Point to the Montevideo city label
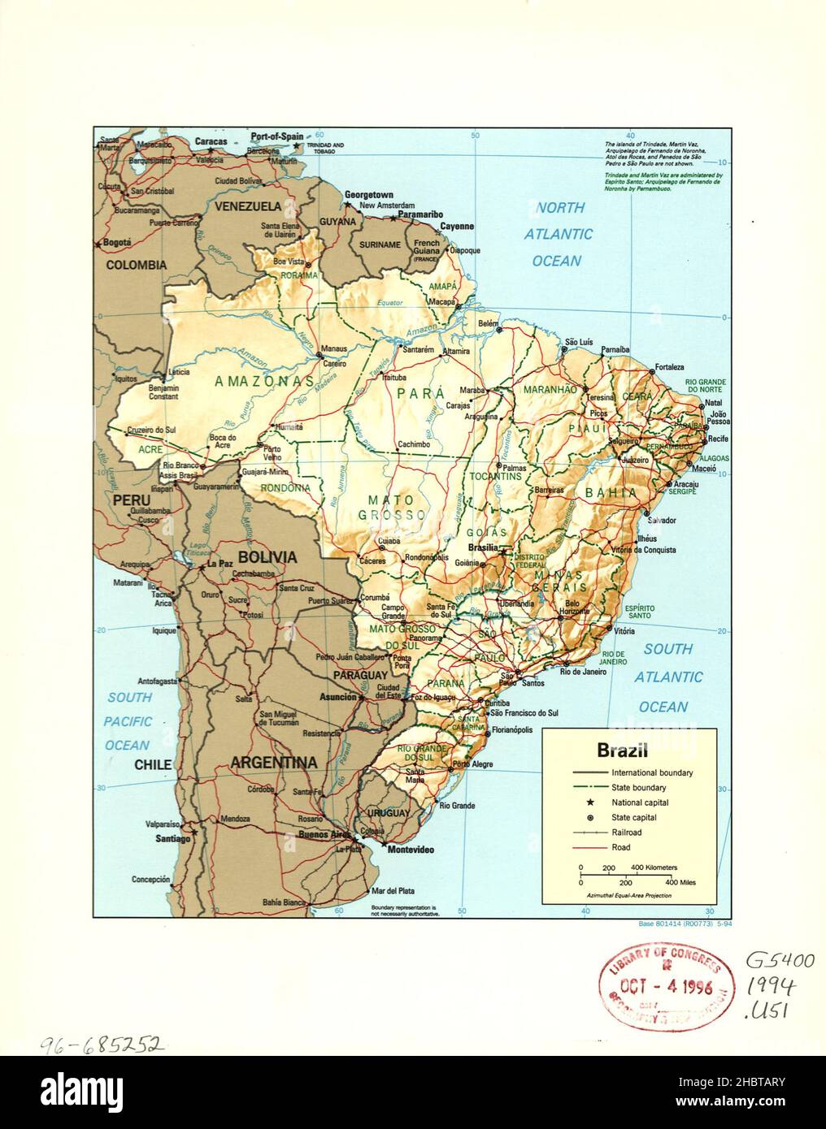click(411, 850)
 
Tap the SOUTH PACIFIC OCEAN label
click(128, 721)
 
